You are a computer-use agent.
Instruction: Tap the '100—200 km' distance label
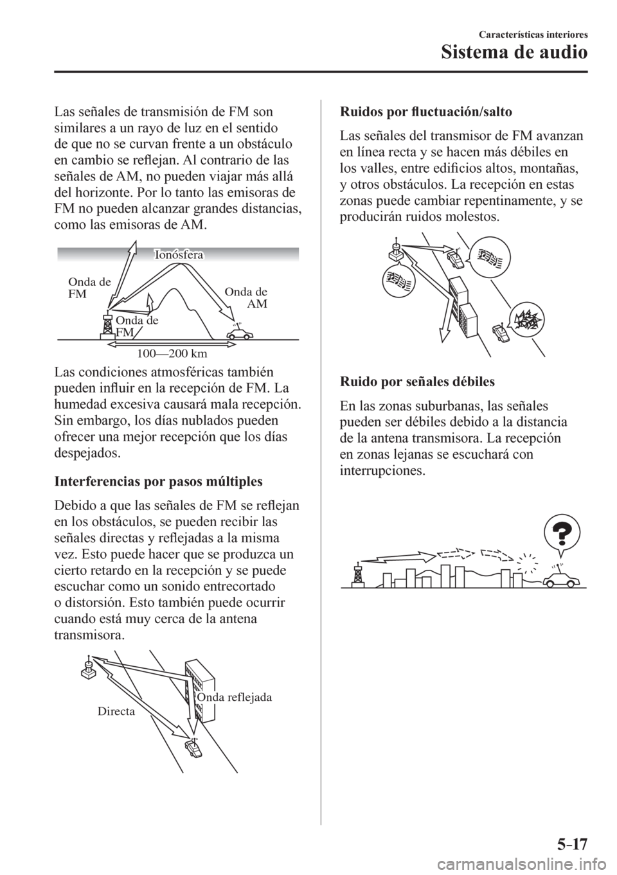(174, 352)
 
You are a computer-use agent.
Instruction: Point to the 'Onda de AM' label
(247, 298)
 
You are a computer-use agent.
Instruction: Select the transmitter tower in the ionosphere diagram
(105, 324)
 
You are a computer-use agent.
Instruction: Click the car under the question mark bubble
(560, 579)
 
